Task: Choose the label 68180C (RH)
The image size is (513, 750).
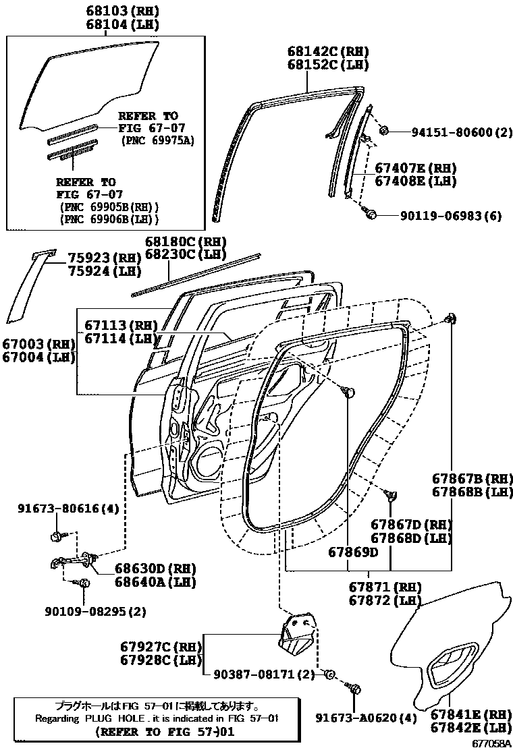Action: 186,241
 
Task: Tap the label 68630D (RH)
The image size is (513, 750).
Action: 145,569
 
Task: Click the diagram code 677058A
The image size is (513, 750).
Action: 490,743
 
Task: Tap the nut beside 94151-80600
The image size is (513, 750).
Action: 383,130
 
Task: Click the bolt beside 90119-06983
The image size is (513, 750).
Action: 370,214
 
